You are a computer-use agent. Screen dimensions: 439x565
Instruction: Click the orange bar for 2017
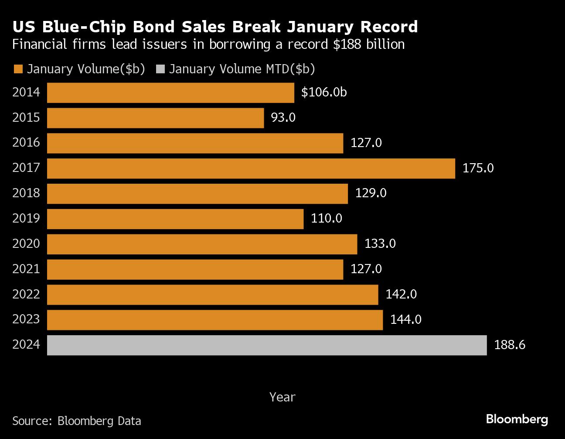251,168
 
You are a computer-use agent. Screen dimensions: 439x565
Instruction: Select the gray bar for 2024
267,345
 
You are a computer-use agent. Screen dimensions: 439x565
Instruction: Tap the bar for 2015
155,118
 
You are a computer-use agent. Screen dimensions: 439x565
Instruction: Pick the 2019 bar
175,219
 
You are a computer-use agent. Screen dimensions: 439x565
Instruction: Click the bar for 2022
213,295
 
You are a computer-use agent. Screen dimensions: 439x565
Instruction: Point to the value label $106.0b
324,93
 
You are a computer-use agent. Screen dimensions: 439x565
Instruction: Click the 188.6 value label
510,345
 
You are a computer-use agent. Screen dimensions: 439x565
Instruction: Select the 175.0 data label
478,168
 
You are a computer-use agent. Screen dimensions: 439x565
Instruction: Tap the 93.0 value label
283,118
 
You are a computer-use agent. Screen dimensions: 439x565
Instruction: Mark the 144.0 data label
405,320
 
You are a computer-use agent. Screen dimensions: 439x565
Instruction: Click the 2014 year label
26,93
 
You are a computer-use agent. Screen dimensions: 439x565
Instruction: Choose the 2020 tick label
26,244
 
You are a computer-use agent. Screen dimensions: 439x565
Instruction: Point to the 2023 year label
26,319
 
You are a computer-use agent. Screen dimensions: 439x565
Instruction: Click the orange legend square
18,69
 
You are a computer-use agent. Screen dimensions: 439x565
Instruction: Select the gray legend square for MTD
160,69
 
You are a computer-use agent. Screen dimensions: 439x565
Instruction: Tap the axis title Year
282,397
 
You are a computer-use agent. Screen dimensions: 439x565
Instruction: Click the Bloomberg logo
517,419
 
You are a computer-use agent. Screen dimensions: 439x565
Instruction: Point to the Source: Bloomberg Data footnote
77,421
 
